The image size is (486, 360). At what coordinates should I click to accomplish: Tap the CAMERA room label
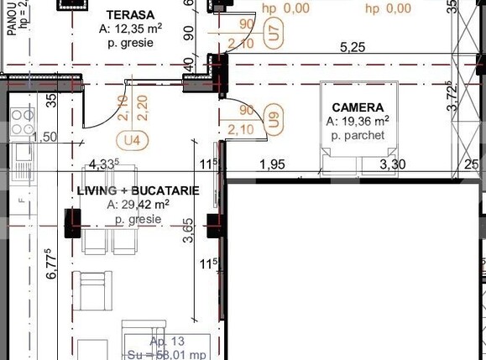pos(358,107)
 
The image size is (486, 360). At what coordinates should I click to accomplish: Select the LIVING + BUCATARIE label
pos(138,190)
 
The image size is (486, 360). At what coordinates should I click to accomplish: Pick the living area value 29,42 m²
pos(138,204)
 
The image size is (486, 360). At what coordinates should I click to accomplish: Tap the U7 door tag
pos(273,34)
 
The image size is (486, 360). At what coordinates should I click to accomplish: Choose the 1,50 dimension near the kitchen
pos(46,137)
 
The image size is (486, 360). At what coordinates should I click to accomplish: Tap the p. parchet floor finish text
pos(358,135)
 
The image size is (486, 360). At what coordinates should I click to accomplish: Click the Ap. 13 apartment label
pos(169,342)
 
